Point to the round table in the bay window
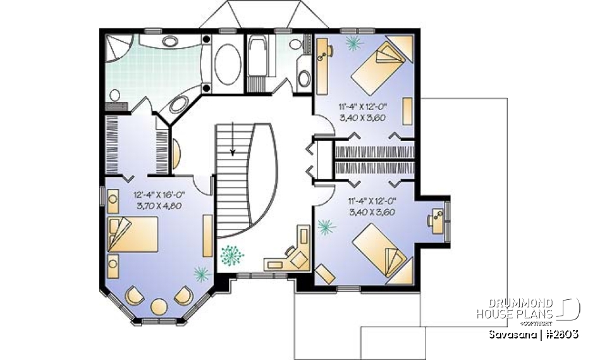(x=159, y=307)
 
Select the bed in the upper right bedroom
(x=378, y=67)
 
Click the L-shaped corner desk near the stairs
(x=290, y=255)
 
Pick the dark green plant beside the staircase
(x=231, y=255)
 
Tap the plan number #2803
(x=560, y=334)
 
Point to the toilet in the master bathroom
(x=115, y=96)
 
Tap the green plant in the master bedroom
(x=201, y=273)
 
